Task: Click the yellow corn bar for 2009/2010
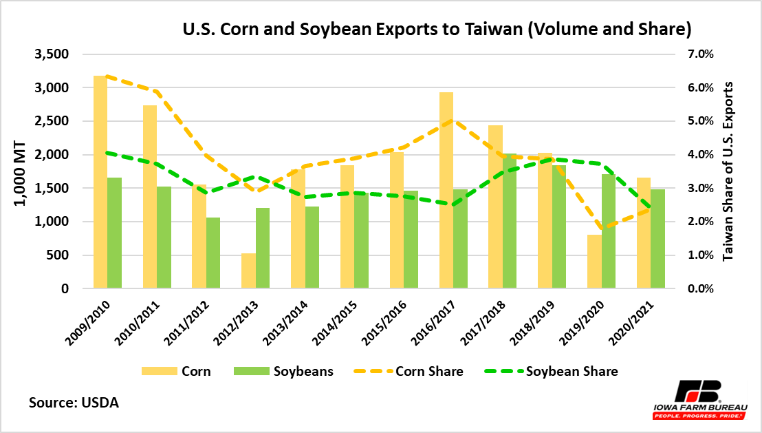pos(100,182)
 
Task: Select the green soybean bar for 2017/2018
pos(509,220)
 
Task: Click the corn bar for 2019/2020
pos(594,262)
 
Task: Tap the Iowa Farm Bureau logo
pos(699,399)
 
